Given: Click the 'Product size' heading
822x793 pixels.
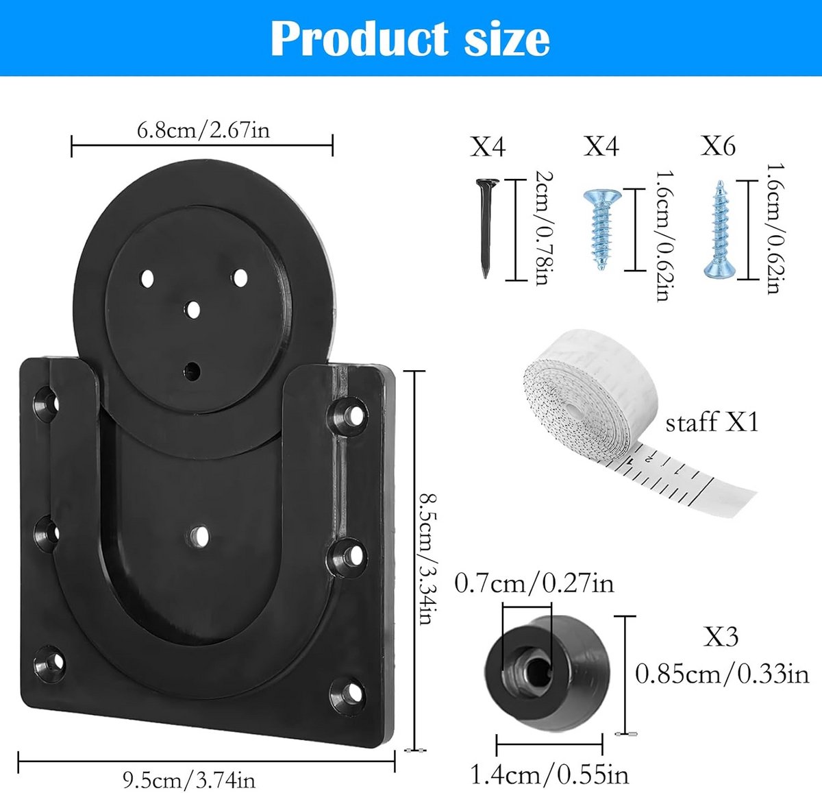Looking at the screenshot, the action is pyautogui.click(x=410, y=38).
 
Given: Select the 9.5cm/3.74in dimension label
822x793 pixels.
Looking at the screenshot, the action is pyautogui.click(x=189, y=779).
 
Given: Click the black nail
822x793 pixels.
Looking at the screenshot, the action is pyautogui.click(x=486, y=228).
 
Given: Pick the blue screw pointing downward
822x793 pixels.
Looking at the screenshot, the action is pyautogui.click(x=601, y=229).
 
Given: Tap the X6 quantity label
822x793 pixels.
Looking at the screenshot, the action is pyautogui.click(x=718, y=146).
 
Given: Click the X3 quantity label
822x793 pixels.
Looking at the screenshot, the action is pyautogui.click(x=721, y=636).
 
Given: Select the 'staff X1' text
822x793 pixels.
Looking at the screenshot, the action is pyautogui.click(x=712, y=422).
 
